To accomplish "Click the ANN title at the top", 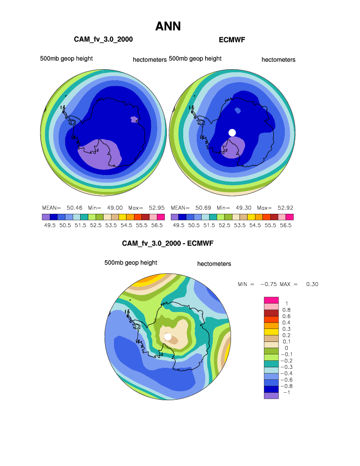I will (168, 26).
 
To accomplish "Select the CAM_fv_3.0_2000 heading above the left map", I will (103, 39).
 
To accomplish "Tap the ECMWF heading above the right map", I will (233, 39).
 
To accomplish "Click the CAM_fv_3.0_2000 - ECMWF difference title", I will (168, 244).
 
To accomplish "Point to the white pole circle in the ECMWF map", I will (232, 132).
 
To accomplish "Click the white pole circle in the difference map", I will (168, 337).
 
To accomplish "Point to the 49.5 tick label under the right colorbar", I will (179, 225).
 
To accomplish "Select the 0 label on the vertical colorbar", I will (286, 348).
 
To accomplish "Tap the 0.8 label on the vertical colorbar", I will (286, 310).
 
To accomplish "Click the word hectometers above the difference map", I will (214, 264).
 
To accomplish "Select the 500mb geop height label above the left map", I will (66, 59).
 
